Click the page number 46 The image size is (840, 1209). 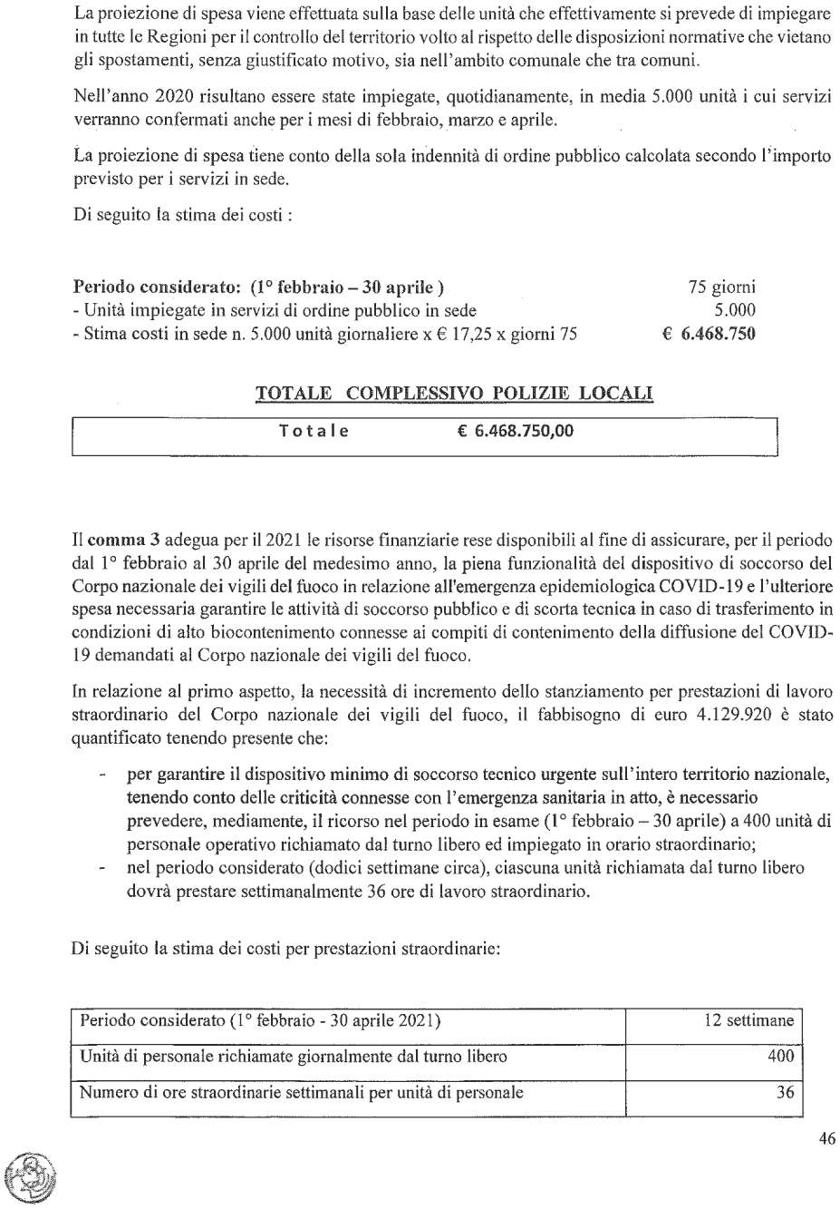point(826,1138)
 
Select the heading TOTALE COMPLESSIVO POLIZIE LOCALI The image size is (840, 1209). point(454,394)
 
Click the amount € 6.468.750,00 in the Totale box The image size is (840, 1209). point(516,431)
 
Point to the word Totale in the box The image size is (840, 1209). point(314,431)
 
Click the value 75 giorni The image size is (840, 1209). point(722,288)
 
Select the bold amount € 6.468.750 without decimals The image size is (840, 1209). point(710,334)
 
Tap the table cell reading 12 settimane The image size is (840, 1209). point(748,1020)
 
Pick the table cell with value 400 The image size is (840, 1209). point(780,1056)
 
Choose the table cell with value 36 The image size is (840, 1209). point(785,1092)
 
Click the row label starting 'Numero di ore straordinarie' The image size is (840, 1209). point(302,1092)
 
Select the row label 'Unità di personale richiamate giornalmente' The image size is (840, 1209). point(294,1056)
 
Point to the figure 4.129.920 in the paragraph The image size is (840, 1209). point(735,715)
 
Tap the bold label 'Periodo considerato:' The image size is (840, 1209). point(156,288)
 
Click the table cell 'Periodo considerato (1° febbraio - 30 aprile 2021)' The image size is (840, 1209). point(261,1020)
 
